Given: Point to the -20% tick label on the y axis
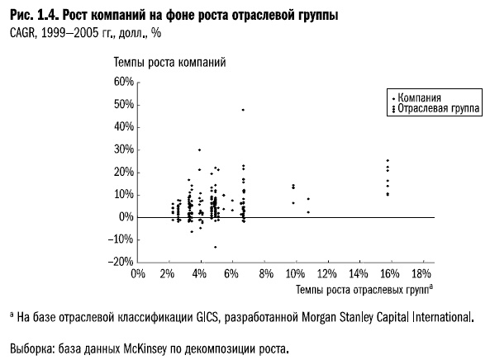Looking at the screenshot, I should point(120,262).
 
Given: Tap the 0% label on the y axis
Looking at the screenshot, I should point(125,217).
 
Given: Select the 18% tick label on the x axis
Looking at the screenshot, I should point(421,274).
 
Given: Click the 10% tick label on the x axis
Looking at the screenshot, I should point(296,274).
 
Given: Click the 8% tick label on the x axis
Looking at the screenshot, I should point(264,274).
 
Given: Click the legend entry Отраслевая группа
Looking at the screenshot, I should point(438,108).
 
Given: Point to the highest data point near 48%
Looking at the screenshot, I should point(243,110).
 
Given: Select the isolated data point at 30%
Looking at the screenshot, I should point(199,149).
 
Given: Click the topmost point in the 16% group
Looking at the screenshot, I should point(387,160).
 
